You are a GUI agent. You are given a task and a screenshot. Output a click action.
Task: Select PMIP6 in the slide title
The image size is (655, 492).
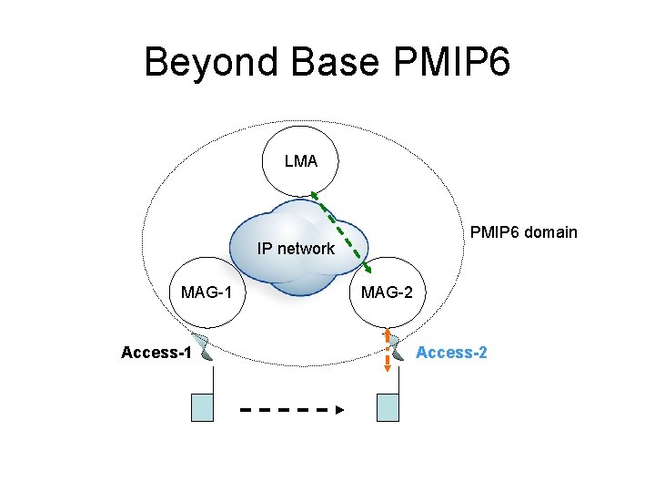click(454, 63)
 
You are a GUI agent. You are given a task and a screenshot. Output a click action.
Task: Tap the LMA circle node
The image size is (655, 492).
click(301, 161)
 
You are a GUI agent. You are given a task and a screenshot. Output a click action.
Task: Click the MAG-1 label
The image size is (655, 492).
click(207, 292)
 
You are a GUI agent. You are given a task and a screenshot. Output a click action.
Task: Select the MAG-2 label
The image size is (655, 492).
click(387, 292)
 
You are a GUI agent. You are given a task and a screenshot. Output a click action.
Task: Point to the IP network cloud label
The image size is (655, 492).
click(296, 248)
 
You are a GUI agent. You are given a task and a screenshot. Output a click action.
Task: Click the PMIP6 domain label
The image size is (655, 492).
click(523, 231)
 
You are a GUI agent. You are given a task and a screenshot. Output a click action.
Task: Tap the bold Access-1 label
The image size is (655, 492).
click(156, 353)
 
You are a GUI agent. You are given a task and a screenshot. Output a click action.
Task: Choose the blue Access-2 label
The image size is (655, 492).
click(451, 353)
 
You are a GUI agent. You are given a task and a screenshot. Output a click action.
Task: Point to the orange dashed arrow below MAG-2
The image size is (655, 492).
click(388, 349)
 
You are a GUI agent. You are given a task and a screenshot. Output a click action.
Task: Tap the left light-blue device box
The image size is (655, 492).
click(202, 407)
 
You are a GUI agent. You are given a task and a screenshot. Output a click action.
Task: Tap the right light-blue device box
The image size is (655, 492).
click(388, 407)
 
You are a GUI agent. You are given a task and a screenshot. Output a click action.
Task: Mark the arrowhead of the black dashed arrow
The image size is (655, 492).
click(339, 410)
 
